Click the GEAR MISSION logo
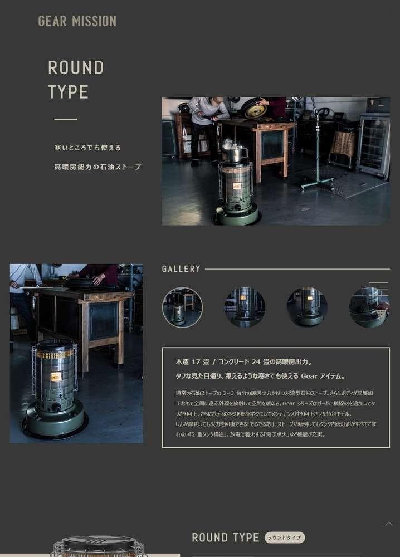(x=77, y=21)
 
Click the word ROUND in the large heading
(x=76, y=68)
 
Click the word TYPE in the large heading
(x=68, y=92)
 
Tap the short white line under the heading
(x=65, y=119)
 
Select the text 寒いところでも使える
(x=87, y=148)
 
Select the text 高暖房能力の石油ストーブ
(x=97, y=167)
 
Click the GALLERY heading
(x=181, y=269)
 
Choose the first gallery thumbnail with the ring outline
(x=182, y=307)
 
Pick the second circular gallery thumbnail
(x=245, y=307)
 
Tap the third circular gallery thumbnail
(x=307, y=307)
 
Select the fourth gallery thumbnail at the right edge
(x=369, y=307)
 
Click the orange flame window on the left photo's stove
(x=56, y=377)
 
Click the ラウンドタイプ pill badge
(x=285, y=538)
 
